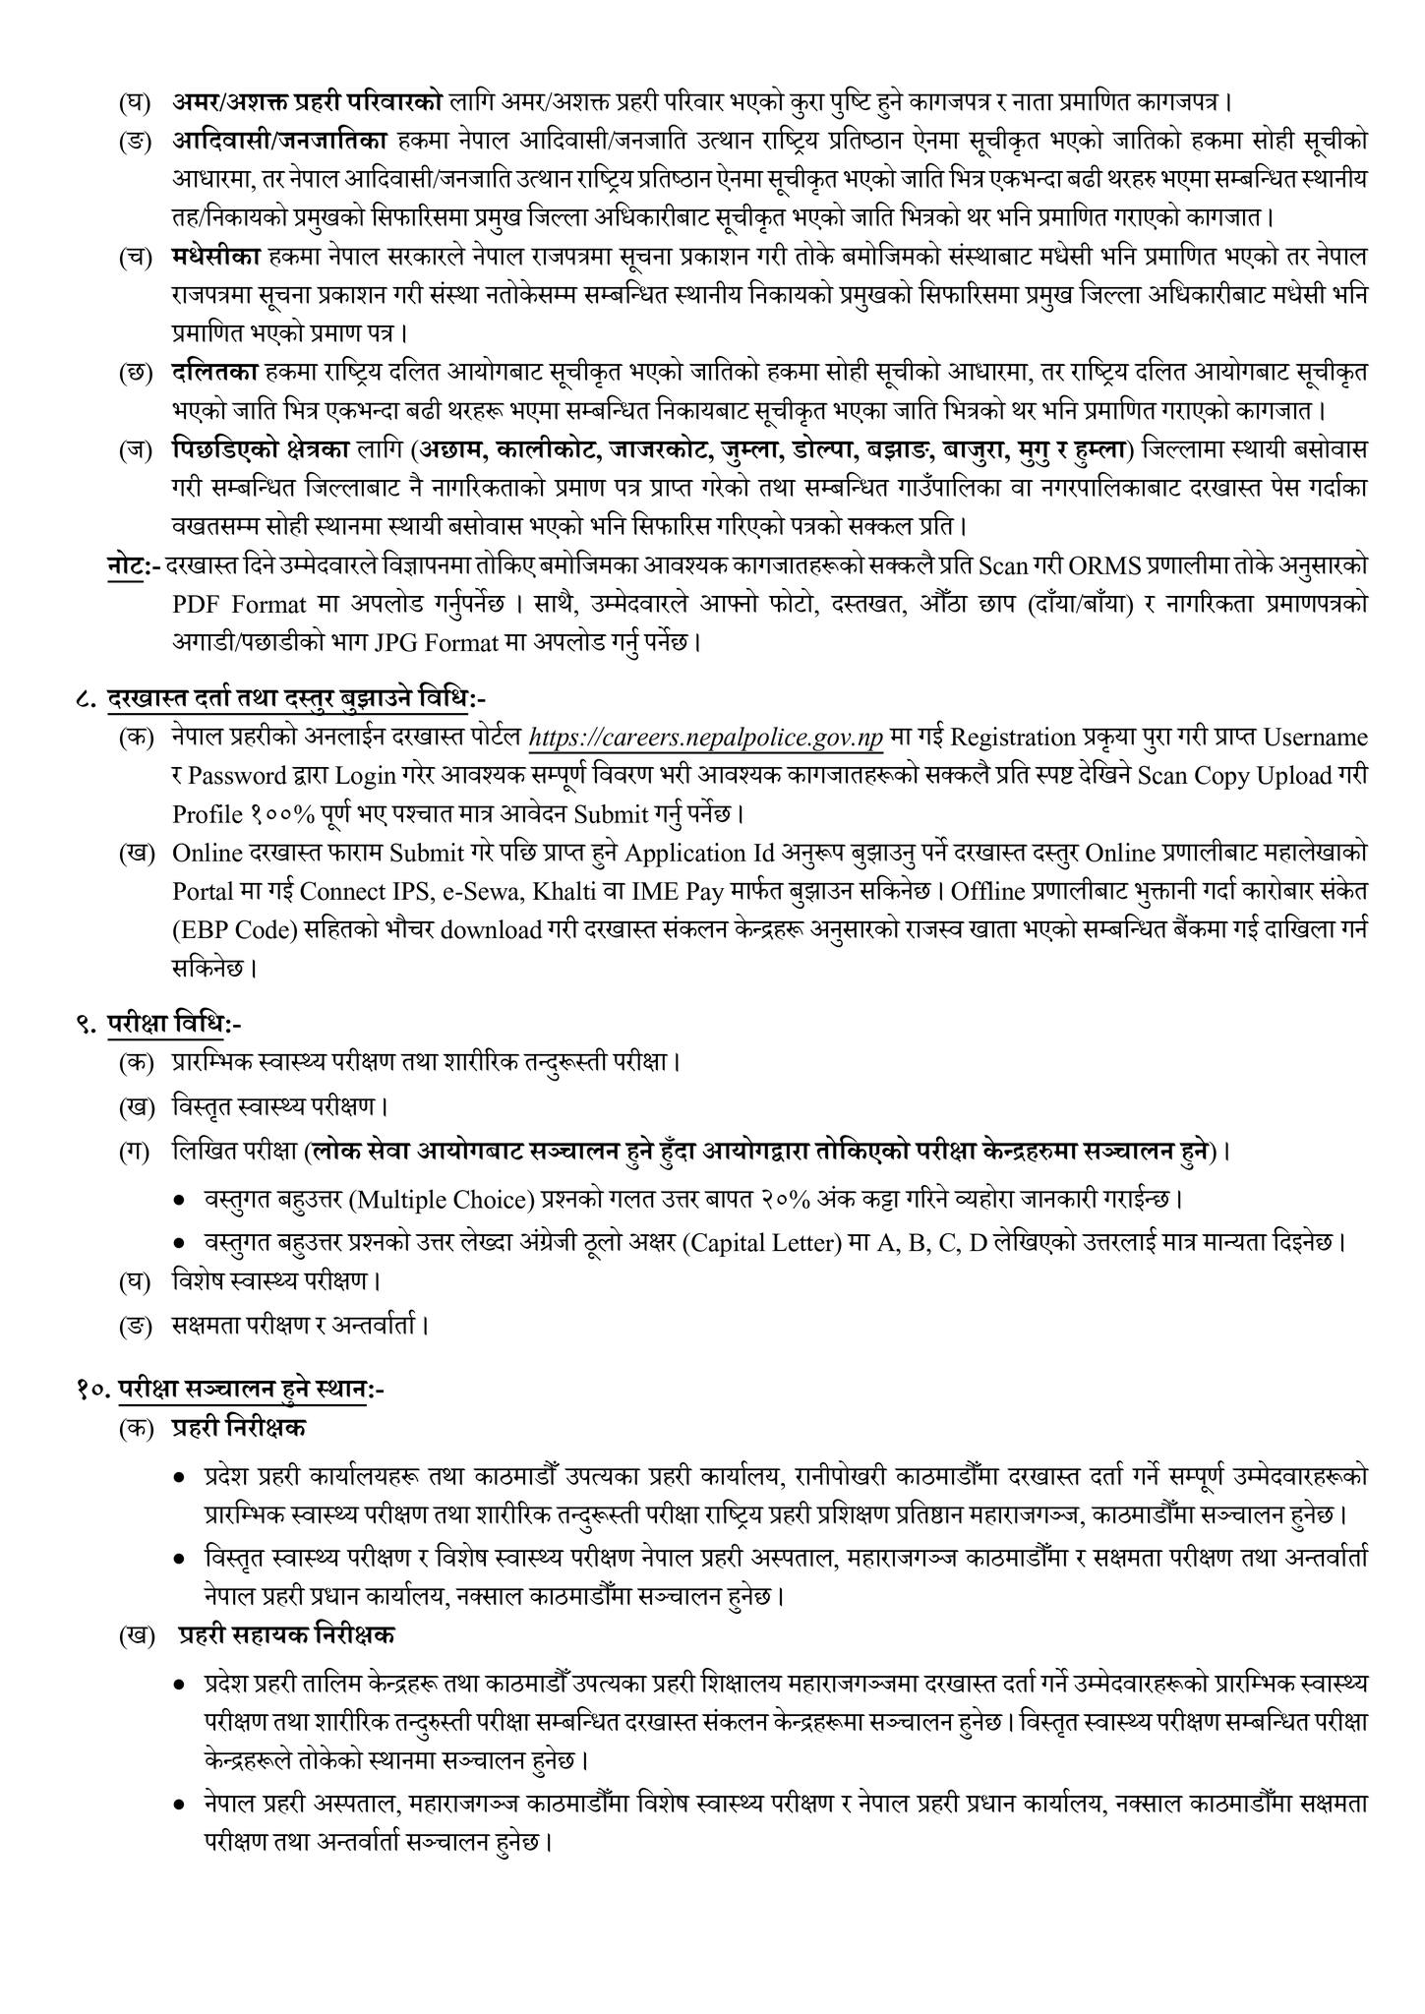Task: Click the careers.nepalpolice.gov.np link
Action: point(705,737)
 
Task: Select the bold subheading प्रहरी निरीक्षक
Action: point(238,1427)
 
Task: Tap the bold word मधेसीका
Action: point(213,257)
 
